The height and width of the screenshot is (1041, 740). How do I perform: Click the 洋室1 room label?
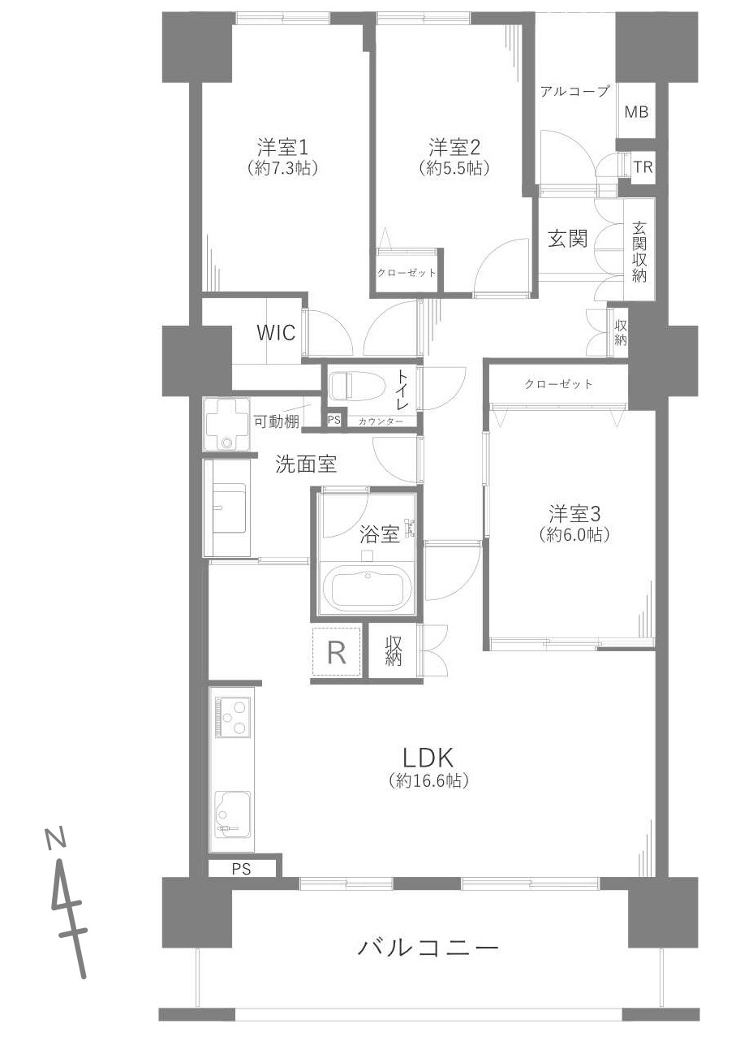(x=282, y=148)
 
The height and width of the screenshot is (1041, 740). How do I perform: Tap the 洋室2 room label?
(x=454, y=148)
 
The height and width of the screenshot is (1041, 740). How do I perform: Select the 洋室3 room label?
(x=574, y=515)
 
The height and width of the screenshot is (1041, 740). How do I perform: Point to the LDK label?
(x=428, y=758)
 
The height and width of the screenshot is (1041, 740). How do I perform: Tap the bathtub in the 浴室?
(x=367, y=589)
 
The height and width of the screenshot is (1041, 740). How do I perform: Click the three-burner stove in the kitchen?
(x=234, y=718)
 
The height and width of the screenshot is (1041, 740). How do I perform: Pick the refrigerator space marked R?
(x=337, y=652)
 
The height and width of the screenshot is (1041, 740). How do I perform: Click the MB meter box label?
(x=636, y=111)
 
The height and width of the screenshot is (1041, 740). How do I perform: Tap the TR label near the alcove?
(x=643, y=166)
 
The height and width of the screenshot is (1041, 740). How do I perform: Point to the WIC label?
(x=276, y=333)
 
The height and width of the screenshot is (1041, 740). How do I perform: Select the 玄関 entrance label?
(x=568, y=239)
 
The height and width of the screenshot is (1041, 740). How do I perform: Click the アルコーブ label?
(x=574, y=91)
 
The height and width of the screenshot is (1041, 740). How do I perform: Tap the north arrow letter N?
(x=55, y=839)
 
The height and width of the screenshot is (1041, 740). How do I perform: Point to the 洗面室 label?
(x=306, y=464)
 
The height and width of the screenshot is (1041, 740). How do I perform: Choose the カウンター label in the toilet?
(x=381, y=421)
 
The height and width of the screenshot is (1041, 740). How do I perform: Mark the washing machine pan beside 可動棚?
(x=227, y=425)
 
